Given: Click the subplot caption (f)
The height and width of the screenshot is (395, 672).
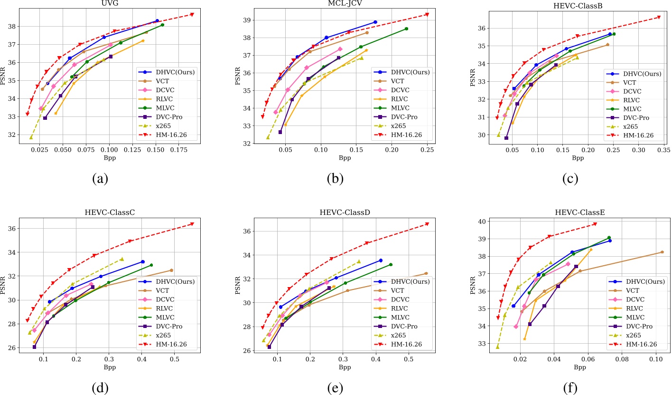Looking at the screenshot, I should [x=569, y=388].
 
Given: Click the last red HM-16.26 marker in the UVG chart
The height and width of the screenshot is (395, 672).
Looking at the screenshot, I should [x=192, y=14].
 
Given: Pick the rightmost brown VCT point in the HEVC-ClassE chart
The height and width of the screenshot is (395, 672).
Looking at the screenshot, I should [x=662, y=252].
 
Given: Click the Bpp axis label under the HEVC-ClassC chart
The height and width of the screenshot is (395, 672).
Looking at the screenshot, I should [x=109, y=367].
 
